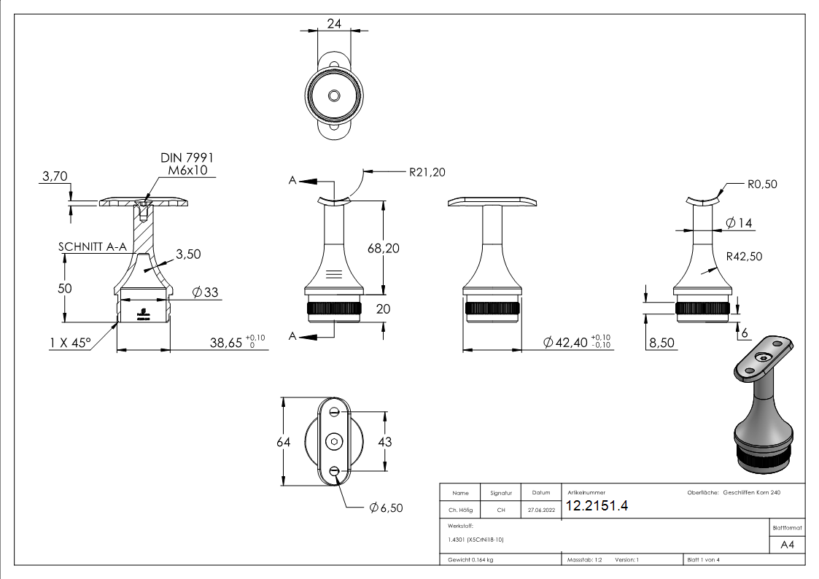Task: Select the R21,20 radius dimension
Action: (x=427, y=172)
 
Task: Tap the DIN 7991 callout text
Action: (x=187, y=158)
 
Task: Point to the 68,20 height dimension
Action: (x=383, y=248)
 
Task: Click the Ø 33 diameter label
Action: (x=206, y=292)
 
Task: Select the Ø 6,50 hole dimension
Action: (x=386, y=508)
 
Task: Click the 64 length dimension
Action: (x=271, y=442)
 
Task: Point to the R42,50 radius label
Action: (x=744, y=256)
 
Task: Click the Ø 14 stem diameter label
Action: (x=739, y=223)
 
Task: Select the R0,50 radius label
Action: (x=762, y=184)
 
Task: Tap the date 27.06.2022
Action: (x=540, y=510)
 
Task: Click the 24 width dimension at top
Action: (x=335, y=23)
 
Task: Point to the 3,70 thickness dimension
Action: (x=55, y=176)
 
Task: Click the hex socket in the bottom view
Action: (x=335, y=442)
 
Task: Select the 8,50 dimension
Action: (x=661, y=343)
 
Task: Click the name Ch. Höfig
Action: (x=460, y=510)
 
